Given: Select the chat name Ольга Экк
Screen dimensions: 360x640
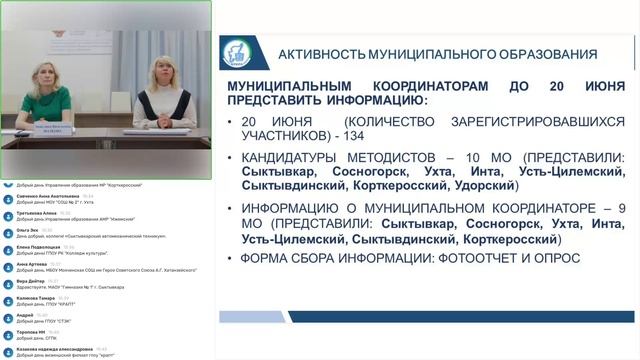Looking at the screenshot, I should click(27, 230).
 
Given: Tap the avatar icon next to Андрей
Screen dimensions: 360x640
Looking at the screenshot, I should click(8, 317).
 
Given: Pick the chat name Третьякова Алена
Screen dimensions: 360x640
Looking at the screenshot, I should click(37, 213).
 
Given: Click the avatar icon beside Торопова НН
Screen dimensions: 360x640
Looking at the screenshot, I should click(8, 334).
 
